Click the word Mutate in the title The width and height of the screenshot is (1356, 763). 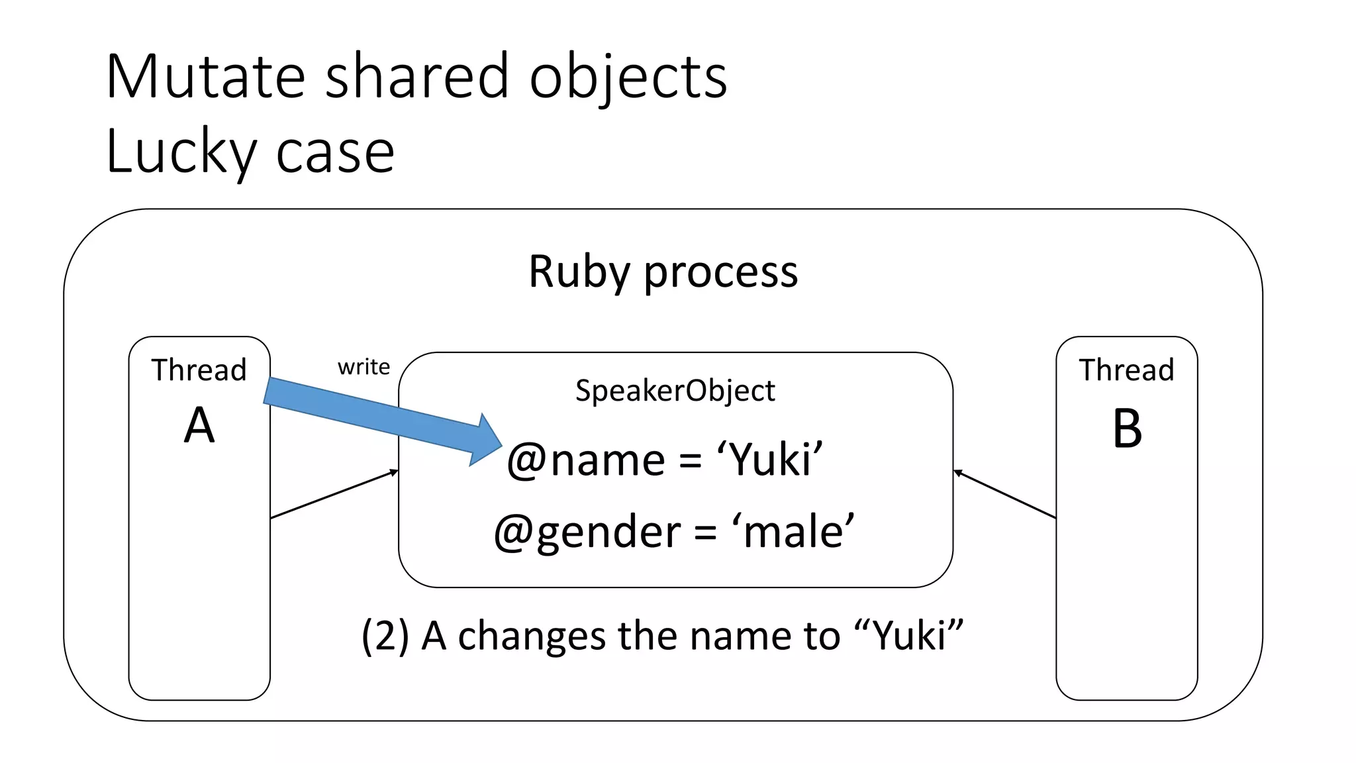click(x=205, y=77)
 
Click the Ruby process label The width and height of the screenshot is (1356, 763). click(x=663, y=272)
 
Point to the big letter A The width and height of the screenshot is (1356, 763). click(x=199, y=426)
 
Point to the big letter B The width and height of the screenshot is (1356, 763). click(x=1127, y=429)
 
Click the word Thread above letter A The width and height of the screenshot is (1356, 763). click(x=199, y=370)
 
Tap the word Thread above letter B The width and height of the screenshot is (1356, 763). click(x=1126, y=370)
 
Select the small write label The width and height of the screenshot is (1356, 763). click(x=363, y=367)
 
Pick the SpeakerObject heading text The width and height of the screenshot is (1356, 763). click(x=675, y=391)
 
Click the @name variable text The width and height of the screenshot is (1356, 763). click(x=586, y=460)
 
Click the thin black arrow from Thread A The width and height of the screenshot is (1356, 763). click(x=334, y=494)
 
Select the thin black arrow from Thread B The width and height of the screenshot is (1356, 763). click(x=1004, y=494)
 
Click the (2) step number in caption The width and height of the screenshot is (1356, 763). click(x=385, y=636)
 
